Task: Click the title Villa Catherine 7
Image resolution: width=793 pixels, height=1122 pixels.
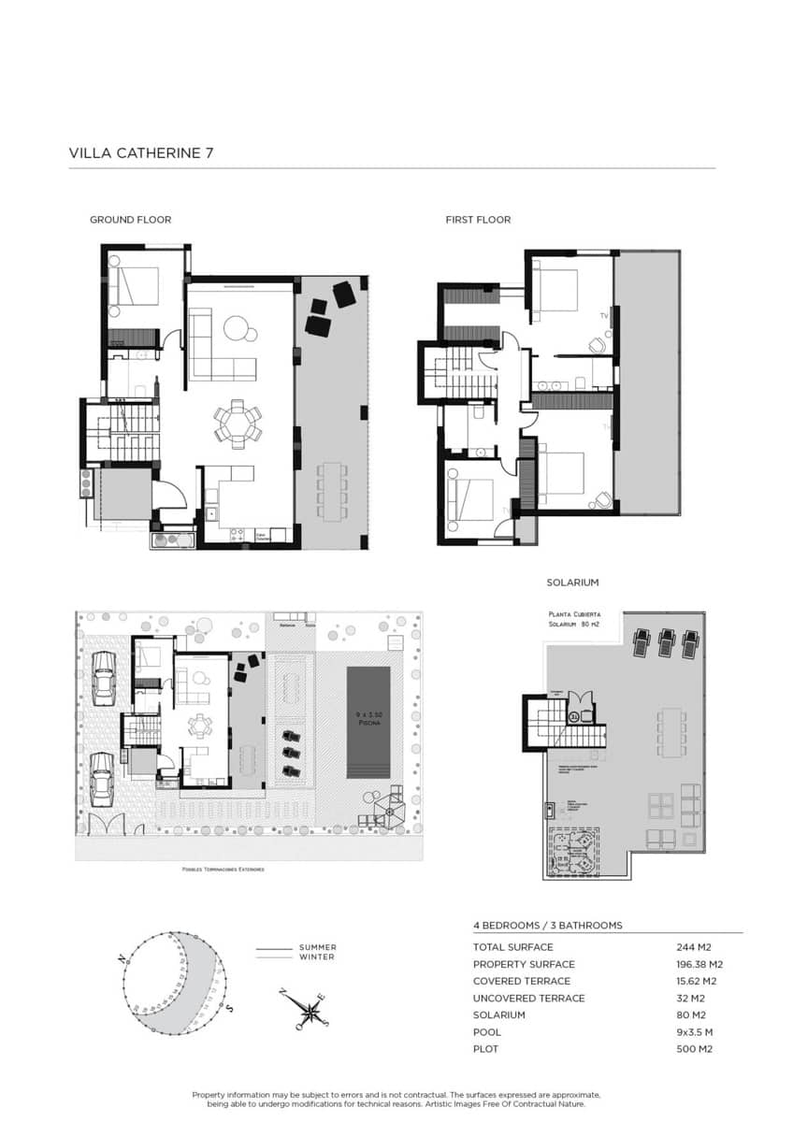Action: coord(141,152)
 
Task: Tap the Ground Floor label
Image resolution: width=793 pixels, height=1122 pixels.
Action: coord(130,220)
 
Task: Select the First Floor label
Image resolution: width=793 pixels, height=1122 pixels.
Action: coord(478,220)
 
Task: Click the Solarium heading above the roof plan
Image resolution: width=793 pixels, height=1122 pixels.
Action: coord(572,583)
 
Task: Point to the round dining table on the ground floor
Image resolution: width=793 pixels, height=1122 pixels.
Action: coord(238,423)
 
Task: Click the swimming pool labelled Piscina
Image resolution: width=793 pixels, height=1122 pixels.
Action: coord(368,721)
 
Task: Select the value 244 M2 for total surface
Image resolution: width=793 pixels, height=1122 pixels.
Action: coord(692,947)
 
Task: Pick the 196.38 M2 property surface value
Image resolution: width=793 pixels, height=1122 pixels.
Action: coord(699,964)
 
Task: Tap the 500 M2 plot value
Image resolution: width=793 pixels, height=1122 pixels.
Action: coord(692,1049)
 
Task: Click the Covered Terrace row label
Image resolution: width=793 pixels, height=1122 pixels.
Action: coord(521,981)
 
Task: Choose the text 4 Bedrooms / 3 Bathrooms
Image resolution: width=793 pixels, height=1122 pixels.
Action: coord(547,925)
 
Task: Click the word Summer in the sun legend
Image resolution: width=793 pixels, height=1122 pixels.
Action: coord(317,947)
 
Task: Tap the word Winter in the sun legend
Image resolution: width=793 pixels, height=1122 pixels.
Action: coord(316,957)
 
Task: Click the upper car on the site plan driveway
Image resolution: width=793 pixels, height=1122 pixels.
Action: coord(103,677)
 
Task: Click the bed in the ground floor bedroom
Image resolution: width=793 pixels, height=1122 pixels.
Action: coord(132,285)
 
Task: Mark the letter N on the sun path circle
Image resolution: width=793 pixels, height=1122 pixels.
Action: coord(122,959)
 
